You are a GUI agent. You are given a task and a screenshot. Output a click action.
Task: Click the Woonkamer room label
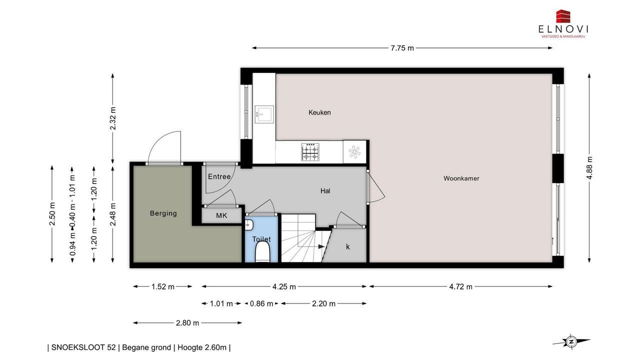[x=461, y=178]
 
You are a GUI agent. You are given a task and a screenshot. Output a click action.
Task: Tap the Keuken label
[x=319, y=112]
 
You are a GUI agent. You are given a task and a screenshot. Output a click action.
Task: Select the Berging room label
[x=163, y=213]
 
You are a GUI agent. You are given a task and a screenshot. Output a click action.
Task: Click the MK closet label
[x=221, y=215]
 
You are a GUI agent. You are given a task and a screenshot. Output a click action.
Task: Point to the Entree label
[x=219, y=177]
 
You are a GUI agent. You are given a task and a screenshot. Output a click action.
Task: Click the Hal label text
[x=325, y=191]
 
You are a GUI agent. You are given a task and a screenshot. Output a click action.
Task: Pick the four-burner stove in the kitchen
[x=310, y=152]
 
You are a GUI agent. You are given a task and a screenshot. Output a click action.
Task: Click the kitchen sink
[x=264, y=114]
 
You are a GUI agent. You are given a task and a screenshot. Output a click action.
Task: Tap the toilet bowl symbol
[x=262, y=252]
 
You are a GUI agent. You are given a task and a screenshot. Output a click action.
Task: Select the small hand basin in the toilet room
[x=249, y=225]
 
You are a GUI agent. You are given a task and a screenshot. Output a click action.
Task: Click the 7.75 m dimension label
[x=402, y=48]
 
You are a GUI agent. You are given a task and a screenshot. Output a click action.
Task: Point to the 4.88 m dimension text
[x=589, y=167]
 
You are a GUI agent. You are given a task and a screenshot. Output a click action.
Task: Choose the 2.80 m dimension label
[x=187, y=323]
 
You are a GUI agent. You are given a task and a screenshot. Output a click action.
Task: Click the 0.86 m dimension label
[x=261, y=303]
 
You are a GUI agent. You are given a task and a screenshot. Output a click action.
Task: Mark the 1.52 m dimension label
[x=163, y=287]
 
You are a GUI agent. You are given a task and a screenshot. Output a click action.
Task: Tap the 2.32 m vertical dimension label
[x=113, y=118]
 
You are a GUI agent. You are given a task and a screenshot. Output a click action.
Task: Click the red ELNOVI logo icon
[x=563, y=16]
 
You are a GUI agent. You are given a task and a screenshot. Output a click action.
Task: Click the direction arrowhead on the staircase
[x=321, y=246]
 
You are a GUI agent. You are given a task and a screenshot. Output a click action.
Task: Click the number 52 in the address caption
[x=111, y=347]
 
